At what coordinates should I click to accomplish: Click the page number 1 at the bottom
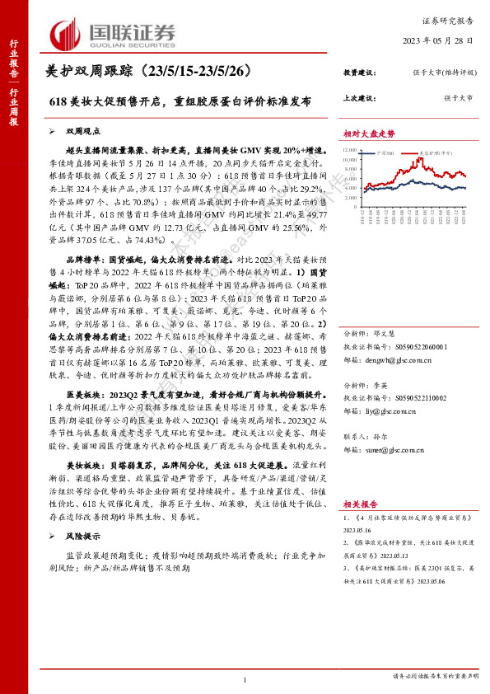245,678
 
